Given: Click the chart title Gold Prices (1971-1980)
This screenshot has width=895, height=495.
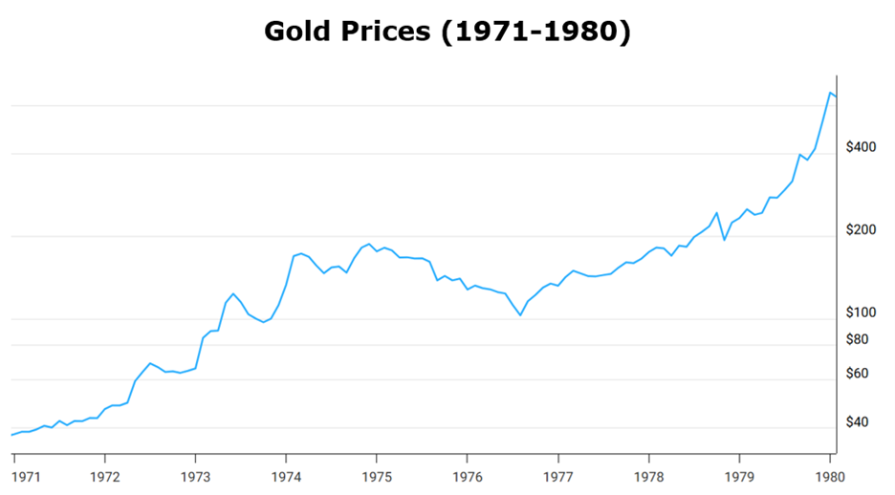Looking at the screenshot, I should pyautogui.click(x=447, y=32).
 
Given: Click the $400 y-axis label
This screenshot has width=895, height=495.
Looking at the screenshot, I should pyautogui.click(x=862, y=147).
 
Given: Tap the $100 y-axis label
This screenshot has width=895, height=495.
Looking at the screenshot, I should pyautogui.click(x=862, y=312).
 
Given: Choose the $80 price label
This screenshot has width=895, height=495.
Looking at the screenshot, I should pyautogui.click(x=859, y=339).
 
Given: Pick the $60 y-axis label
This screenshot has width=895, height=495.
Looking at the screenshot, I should pyautogui.click(x=859, y=374).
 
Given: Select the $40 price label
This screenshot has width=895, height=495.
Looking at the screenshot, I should pyautogui.click(x=859, y=422).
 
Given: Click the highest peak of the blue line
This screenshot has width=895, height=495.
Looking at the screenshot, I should pyautogui.click(x=829, y=92).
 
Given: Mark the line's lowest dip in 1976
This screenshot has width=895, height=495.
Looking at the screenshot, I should pyautogui.click(x=520, y=314).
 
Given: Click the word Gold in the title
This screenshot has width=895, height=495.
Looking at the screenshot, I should pyautogui.click(x=295, y=32).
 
